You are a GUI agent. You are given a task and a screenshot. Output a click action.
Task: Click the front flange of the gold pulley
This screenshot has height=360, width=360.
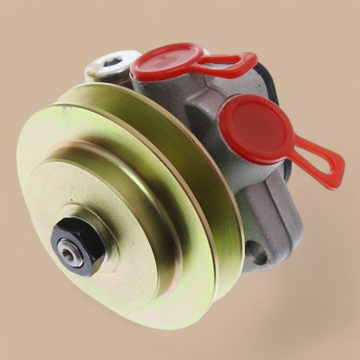(170, 267)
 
